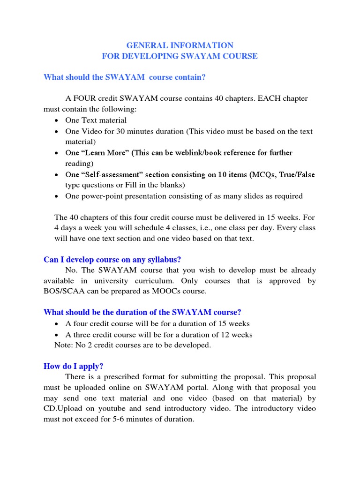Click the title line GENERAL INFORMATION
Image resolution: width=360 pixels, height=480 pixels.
180,45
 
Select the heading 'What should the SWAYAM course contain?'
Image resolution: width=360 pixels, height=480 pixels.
125,77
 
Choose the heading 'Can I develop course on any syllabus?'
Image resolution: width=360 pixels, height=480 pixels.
112,260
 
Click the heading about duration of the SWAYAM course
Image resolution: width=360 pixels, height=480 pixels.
142,313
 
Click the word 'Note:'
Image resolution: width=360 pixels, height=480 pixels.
64,345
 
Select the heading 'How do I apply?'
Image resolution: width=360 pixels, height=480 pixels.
73,366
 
